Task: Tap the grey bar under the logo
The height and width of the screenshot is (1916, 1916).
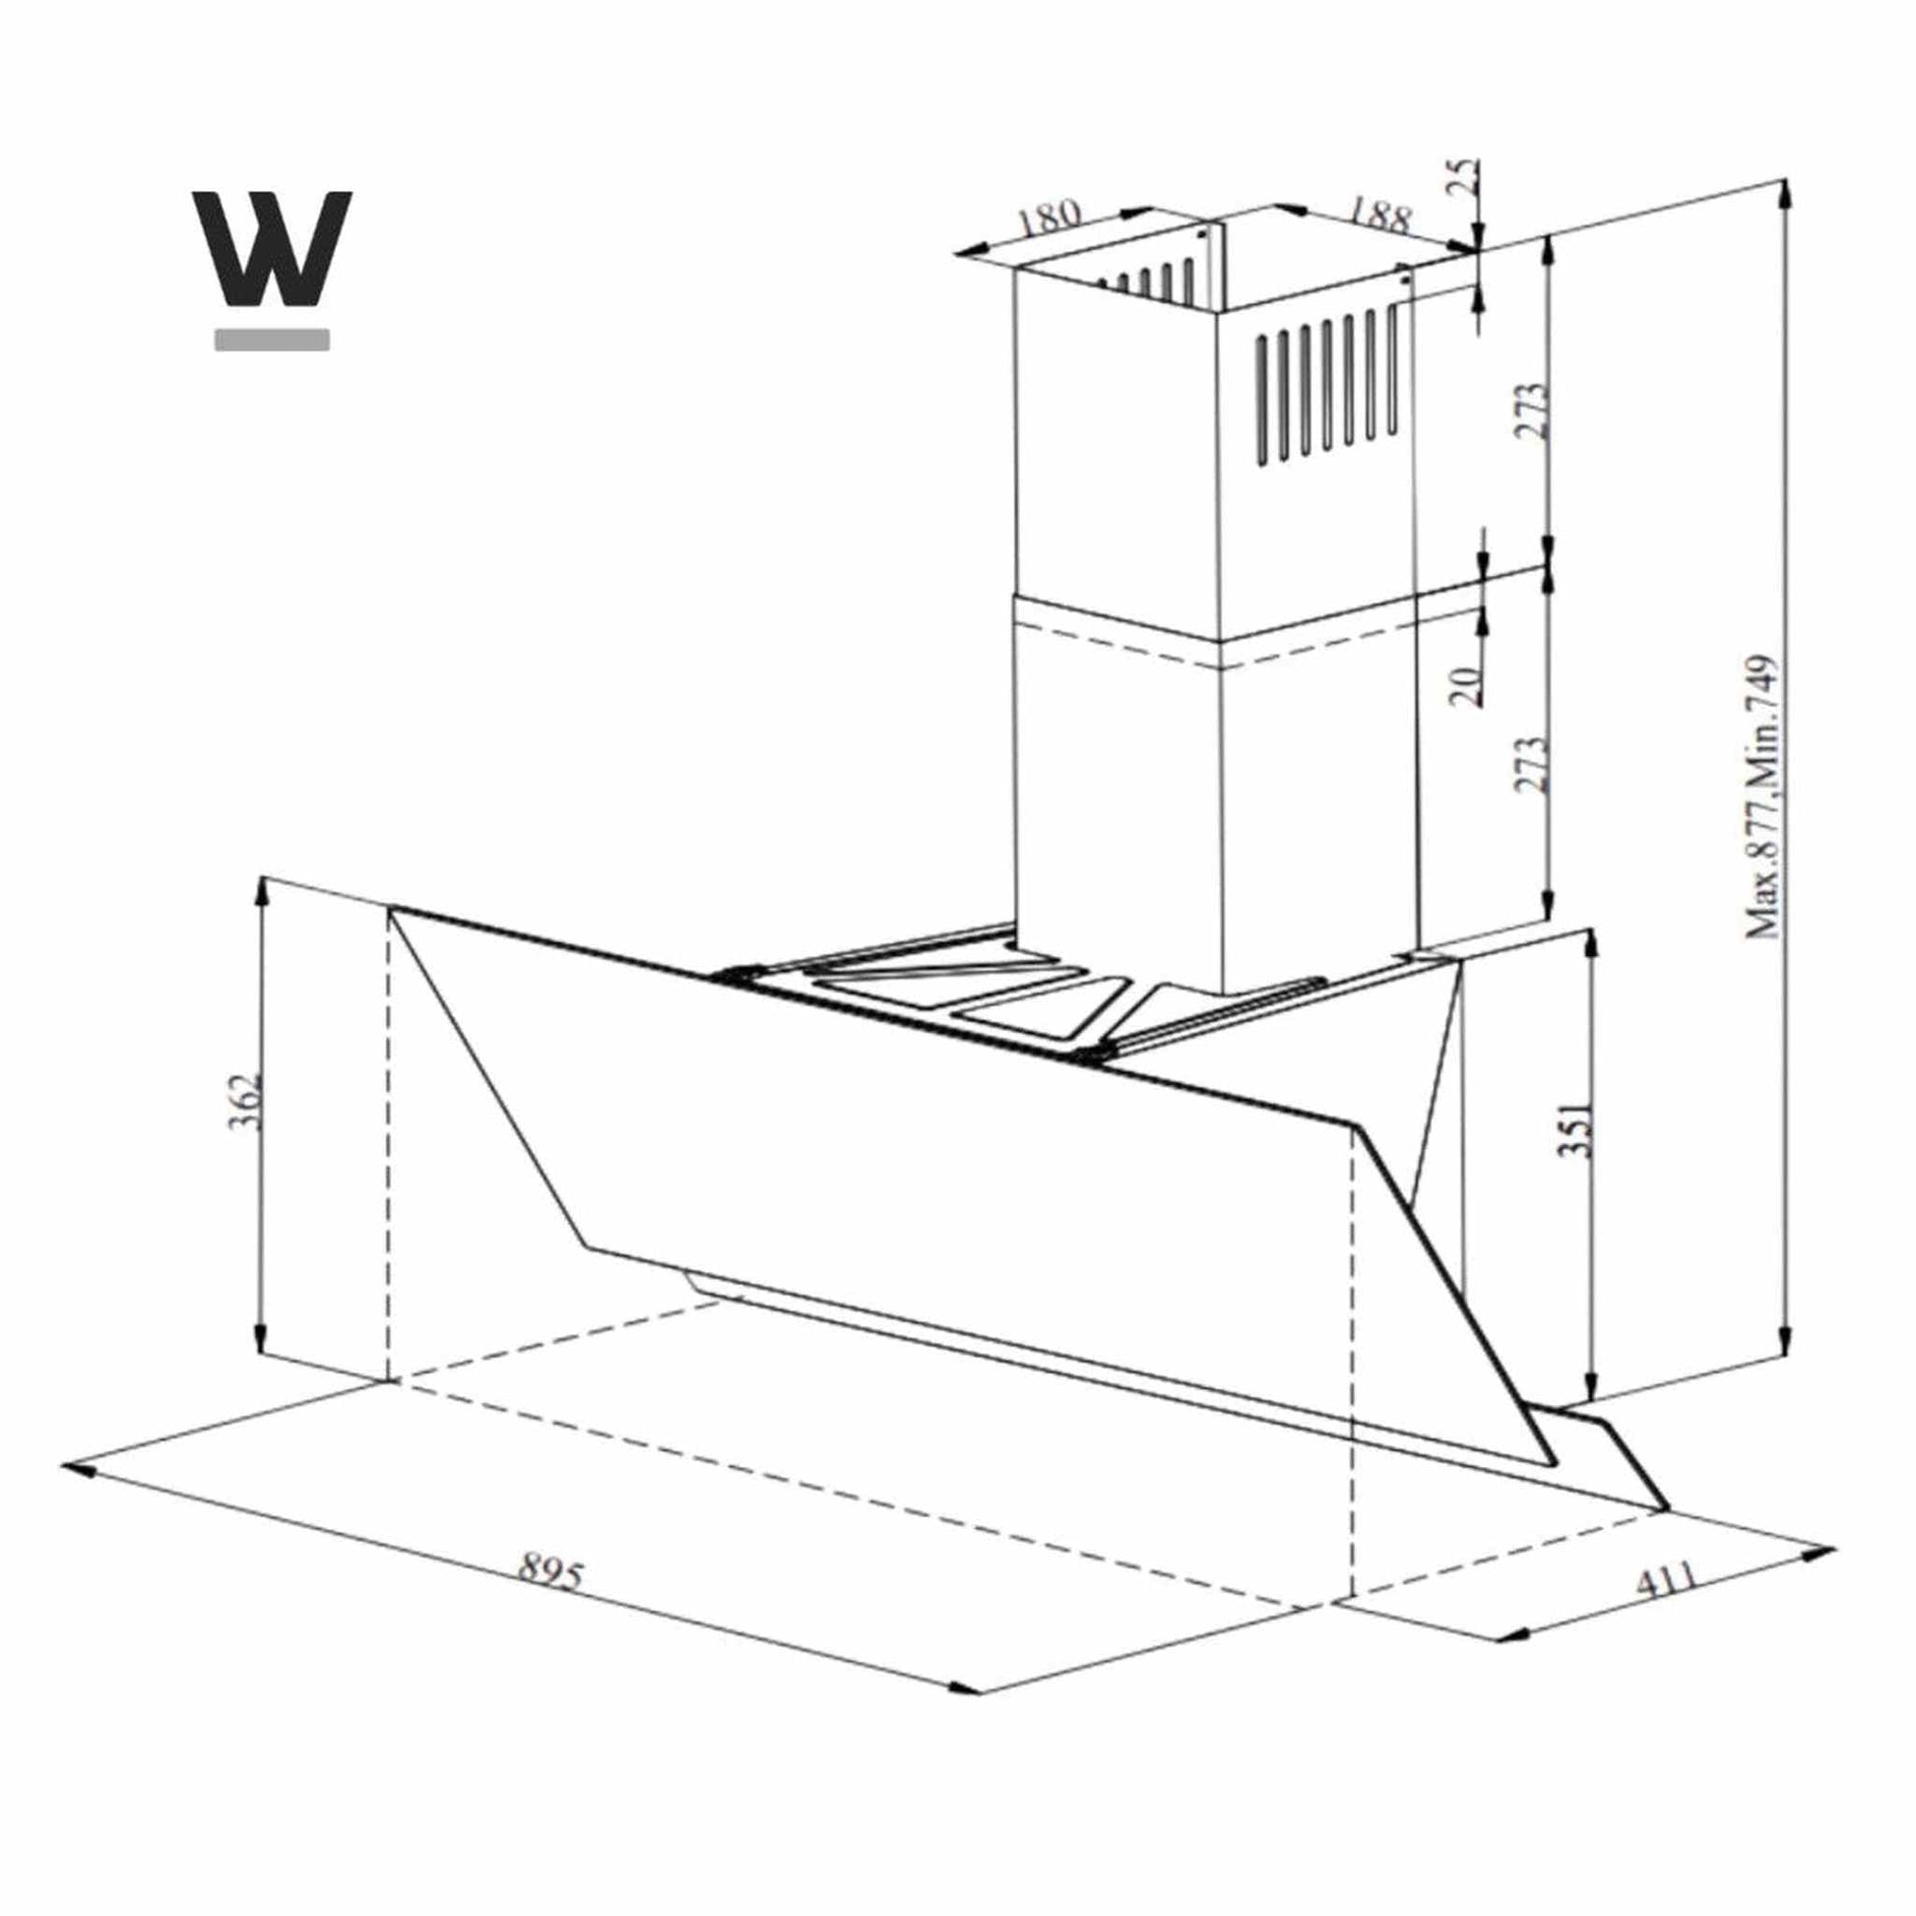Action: pyautogui.click(x=272, y=339)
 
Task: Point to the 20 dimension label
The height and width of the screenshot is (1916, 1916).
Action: pyautogui.click(x=1467, y=683)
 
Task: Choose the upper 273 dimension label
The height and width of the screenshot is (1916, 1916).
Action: pyautogui.click(x=1531, y=411)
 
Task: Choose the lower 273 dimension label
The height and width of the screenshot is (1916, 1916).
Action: pyautogui.click(x=1531, y=764)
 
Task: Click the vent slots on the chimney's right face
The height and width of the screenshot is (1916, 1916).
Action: pyautogui.click(x=1327, y=389)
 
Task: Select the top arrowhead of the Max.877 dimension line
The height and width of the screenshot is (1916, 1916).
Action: pyautogui.click(x=1785, y=192)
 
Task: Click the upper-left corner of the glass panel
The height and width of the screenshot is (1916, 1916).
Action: pyautogui.click(x=391, y=909)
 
